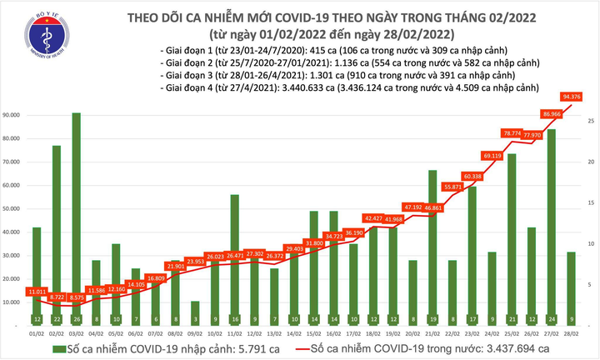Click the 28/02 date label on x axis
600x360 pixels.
point(571,333)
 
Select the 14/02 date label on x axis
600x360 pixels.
point(295,333)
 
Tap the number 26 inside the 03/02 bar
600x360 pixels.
point(76,319)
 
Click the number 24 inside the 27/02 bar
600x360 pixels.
point(552,319)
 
